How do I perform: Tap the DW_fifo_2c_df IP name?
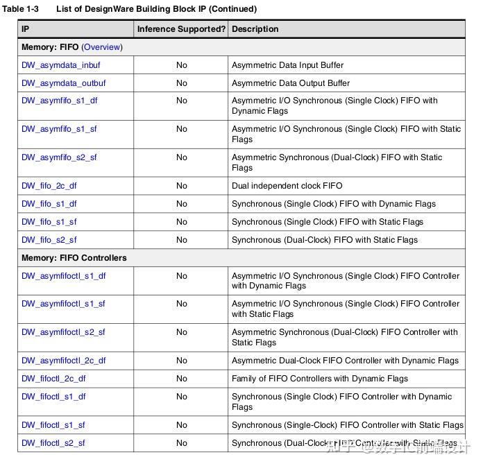point(49,186)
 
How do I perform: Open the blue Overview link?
point(102,47)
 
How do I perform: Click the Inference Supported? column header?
point(181,29)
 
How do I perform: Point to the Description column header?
point(255,29)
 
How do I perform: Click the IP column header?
point(26,29)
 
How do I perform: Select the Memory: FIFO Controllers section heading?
point(74,258)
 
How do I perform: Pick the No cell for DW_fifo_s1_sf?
point(181,222)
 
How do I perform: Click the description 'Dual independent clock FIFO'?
point(287,186)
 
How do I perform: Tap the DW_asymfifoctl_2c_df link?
point(64,361)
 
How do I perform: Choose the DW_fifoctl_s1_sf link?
point(53,425)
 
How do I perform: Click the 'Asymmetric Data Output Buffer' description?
point(291,83)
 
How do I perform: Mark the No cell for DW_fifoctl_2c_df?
point(181,379)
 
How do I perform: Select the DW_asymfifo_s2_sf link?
point(59,157)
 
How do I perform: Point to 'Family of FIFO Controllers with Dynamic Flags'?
point(320,379)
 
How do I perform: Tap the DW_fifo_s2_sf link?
point(49,240)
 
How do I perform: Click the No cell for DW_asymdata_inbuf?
point(181,65)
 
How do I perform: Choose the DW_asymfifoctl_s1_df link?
point(64,276)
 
